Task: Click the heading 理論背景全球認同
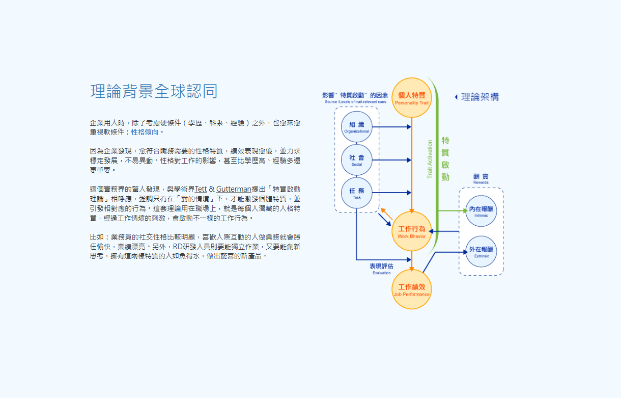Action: pyautogui.click(x=154, y=91)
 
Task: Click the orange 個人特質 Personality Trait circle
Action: pyautogui.click(x=412, y=97)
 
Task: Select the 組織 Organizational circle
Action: pyautogui.click(x=357, y=127)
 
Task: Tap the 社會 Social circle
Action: pyautogui.click(x=357, y=160)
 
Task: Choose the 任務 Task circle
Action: pyautogui.click(x=357, y=193)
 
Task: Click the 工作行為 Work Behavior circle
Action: pyautogui.click(x=412, y=231)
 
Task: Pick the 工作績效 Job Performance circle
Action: pyautogui.click(x=412, y=289)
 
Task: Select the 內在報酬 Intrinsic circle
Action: pyautogui.click(x=481, y=211)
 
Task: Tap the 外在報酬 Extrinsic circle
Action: pyautogui.click(x=481, y=252)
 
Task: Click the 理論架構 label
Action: pyautogui.click(x=480, y=97)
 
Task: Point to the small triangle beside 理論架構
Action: pyautogui.click(x=456, y=97)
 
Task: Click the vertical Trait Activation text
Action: pyautogui.click(x=430, y=159)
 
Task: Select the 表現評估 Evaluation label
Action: pyautogui.click(x=381, y=268)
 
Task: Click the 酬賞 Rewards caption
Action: pyautogui.click(x=481, y=178)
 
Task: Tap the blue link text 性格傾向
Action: pyautogui.click(x=145, y=132)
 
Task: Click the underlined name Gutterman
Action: pyautogui.click(x=234, y=189)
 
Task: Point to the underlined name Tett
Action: pyautogui.click(x=201, y=189)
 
